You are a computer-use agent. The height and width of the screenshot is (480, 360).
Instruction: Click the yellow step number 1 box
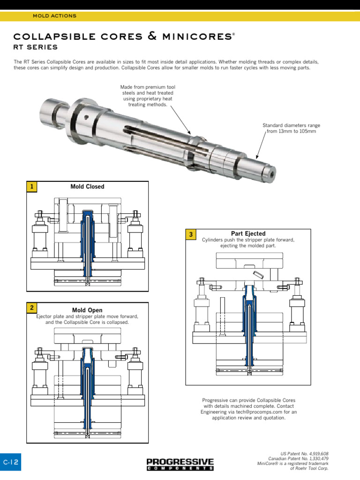tap(31, 187)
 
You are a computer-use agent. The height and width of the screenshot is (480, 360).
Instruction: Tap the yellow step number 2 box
tap(31, 308)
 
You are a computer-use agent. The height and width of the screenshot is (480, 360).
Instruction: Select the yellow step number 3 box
tap(191, 234)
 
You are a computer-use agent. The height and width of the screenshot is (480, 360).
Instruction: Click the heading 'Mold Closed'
tap(87, 187)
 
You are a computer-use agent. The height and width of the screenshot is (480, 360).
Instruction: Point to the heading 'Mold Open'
tap(87, 310)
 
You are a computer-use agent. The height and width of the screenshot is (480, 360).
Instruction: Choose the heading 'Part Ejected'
tap(248, 233)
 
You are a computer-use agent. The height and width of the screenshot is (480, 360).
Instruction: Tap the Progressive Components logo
tap(180, 464)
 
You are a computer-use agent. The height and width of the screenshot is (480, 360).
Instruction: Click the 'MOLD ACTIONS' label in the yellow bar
tap(54, 16)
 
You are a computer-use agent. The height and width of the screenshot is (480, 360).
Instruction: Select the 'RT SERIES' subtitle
tap(36, 47)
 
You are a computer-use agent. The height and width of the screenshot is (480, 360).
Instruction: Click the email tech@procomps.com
tap(253, 412)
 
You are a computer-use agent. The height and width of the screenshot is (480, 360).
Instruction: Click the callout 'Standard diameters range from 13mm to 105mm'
tap(291, 128)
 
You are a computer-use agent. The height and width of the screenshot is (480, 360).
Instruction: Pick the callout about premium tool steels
tap(148, 96)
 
